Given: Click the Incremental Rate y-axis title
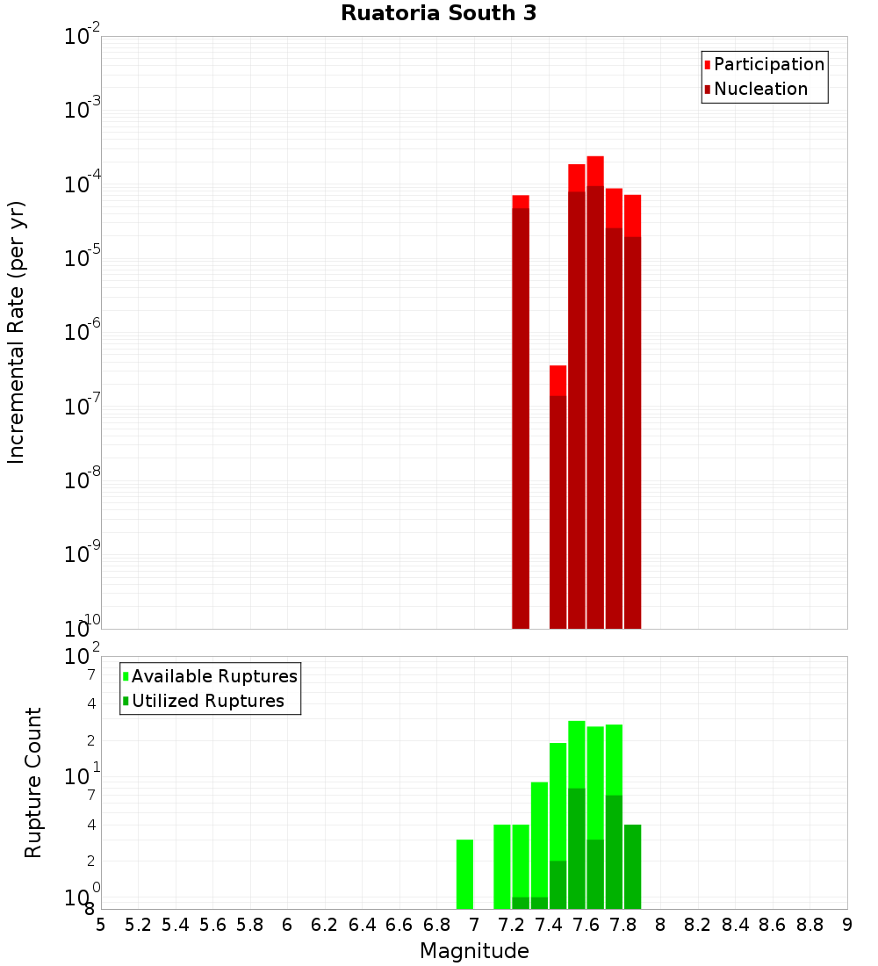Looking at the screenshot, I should coord(17,332).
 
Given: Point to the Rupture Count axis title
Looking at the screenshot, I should coord(33,782).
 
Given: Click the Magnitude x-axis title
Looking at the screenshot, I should coord(474,951).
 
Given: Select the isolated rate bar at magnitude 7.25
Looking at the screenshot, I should coord(521,413).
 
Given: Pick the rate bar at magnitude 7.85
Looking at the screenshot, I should coord(632,413).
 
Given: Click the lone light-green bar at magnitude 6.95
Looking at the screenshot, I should coord(464,875).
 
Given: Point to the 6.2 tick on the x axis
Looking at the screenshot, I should coord(325,925).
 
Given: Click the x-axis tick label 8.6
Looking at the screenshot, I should coord(773,925).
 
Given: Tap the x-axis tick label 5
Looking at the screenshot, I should coord(101,925).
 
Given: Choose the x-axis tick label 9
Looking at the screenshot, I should coord(847,925).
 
